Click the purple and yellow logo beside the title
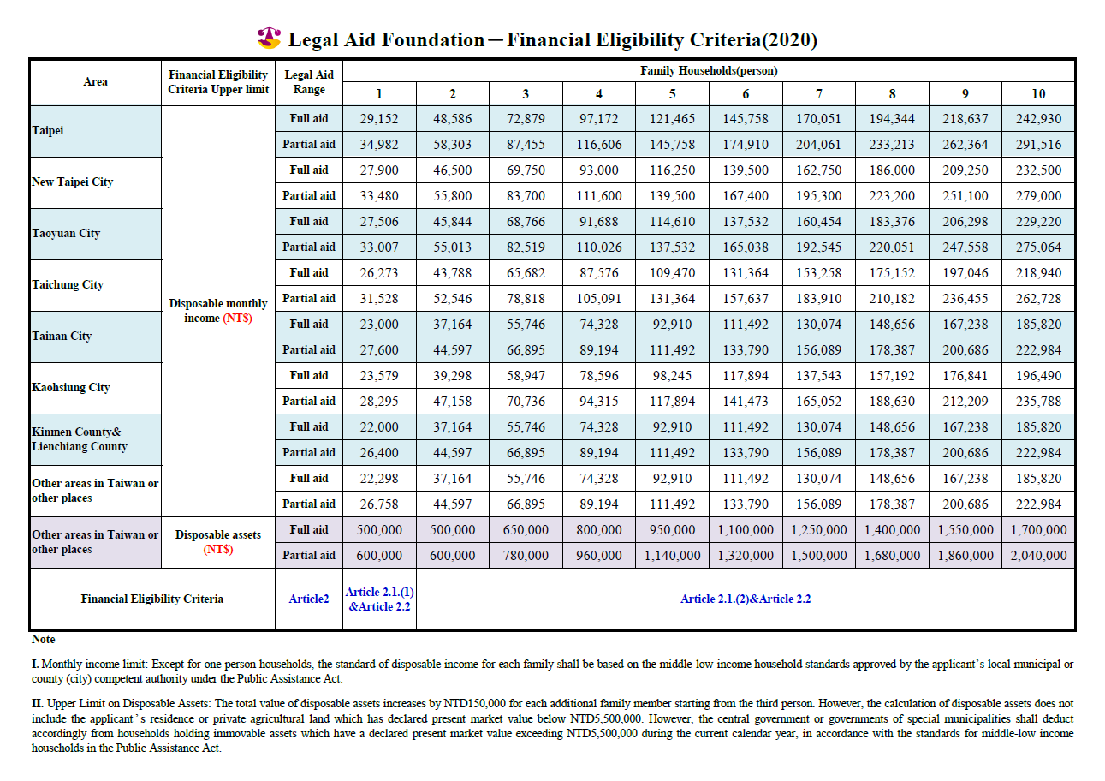coord(270,38)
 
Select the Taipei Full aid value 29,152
coord(379,119)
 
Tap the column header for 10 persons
coord(1038,94)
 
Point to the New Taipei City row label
coord(73,182)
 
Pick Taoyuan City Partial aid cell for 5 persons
coord(672,247)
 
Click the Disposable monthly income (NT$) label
coord(218,311)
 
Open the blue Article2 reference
coord(309,599)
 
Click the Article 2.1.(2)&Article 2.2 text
coord(746,599)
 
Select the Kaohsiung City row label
coord(71,388)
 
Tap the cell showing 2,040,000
coord(1038,556)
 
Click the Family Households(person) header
coord(709,70)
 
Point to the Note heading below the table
coord(44,640)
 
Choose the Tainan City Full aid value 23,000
coord(379,325)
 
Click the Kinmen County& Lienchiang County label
coord(80,439)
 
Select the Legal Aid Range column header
coord(309,82)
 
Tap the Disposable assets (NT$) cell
coord(218,542)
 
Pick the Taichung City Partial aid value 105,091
coord(599,299)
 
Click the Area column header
coord(95,82)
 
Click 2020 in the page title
coord(789,39)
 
